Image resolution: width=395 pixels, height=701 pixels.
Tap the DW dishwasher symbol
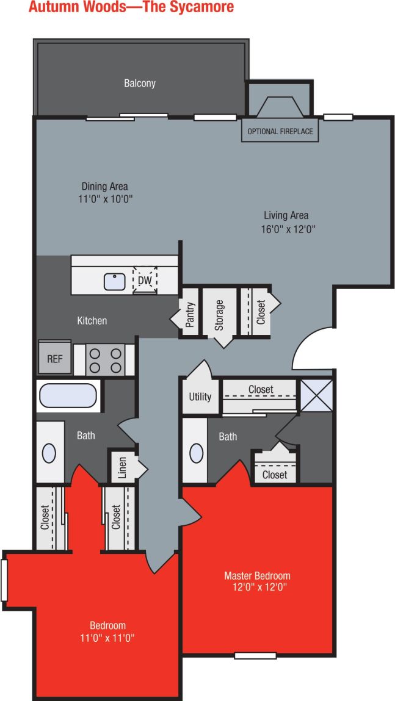pos(145,280)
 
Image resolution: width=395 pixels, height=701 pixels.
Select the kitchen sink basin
pos(115,281)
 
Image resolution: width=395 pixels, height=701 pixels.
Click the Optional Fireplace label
pos(280,131)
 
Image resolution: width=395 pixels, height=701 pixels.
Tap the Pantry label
pos(190,315)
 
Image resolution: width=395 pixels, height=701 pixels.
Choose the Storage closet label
pos(219,316)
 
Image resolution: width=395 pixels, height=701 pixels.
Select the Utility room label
pos(200,397)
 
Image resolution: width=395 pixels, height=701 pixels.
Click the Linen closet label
pos(122,468)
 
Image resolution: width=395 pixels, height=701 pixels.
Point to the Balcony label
pos(140,83)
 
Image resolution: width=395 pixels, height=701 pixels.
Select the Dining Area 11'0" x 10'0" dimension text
pos(104,199)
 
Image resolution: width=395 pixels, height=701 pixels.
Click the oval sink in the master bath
pos(197,453)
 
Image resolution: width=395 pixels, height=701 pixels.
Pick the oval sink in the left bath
pos(49,453)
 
